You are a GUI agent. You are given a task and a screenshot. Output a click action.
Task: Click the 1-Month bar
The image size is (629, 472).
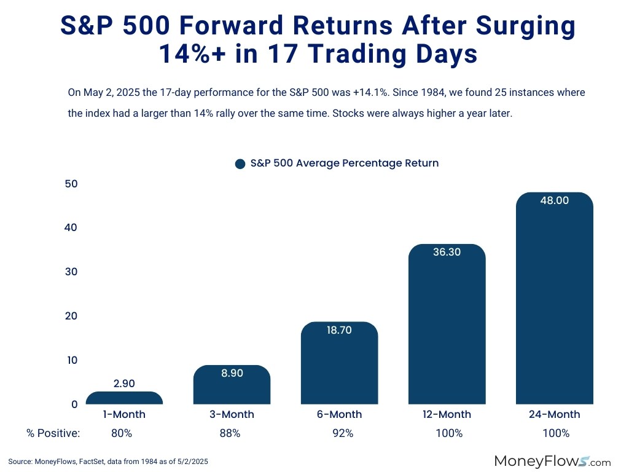pos(124,398)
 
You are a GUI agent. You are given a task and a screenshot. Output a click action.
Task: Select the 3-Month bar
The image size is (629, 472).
pos(232,387)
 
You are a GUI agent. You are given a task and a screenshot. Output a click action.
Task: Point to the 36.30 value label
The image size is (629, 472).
pos(447,252)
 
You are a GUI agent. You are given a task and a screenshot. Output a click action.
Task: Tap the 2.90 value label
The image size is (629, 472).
pos(124,383)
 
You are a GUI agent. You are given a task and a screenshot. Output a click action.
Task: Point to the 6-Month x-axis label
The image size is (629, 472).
pos(339,414)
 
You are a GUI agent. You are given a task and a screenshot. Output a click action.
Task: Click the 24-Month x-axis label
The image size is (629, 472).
pos(554,414)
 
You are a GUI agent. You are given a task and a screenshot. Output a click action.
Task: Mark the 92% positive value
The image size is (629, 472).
pos(343,433)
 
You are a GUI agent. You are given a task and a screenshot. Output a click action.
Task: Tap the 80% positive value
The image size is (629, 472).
pos(122,433)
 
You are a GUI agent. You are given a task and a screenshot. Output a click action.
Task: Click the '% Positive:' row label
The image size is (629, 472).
pos(53,433)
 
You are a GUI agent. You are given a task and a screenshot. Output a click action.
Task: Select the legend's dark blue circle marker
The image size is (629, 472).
pos(240,164)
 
